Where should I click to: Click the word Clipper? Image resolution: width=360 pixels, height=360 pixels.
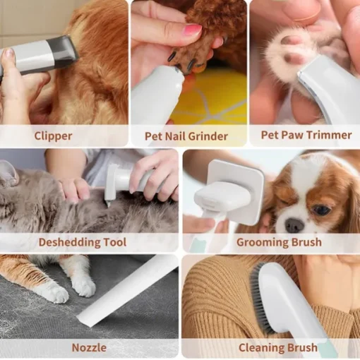(x=53, y=136)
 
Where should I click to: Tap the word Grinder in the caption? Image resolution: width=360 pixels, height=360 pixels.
(x=208, y=136)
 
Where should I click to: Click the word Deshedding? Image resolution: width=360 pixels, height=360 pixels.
(x=67, y=242)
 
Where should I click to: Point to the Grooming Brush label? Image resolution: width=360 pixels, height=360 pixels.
(x=279, y=242)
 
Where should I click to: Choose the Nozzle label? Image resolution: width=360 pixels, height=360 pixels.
(x=89, y=347)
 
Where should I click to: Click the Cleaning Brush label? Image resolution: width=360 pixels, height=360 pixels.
(x=278, y=347)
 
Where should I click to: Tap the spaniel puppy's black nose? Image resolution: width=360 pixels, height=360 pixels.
(x=294, y=224)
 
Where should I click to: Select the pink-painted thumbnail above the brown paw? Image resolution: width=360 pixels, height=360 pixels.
(x=192, y=30)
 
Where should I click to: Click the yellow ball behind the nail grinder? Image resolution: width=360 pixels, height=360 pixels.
(x=210, y=99)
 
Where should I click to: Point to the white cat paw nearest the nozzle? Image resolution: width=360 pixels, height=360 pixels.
(x=84, y=288)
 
